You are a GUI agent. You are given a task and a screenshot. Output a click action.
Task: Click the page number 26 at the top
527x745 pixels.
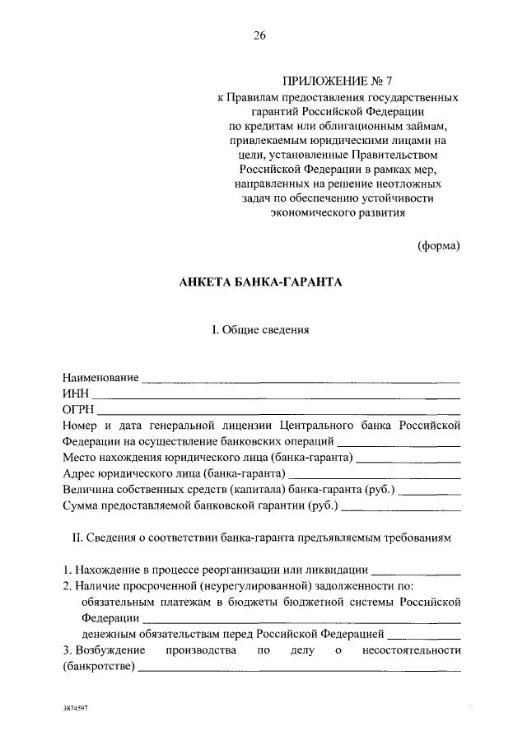point(259,35)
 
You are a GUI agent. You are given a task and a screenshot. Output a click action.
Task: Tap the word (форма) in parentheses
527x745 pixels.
point(438,245)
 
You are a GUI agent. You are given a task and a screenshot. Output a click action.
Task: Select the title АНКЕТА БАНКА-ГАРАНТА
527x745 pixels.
point(259,282)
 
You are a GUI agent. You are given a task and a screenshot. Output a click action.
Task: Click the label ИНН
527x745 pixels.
point(75,393)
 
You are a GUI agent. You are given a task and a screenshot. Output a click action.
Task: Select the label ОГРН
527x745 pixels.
point(78,409)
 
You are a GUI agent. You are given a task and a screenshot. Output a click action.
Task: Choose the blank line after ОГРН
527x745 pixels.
point(280,411)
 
